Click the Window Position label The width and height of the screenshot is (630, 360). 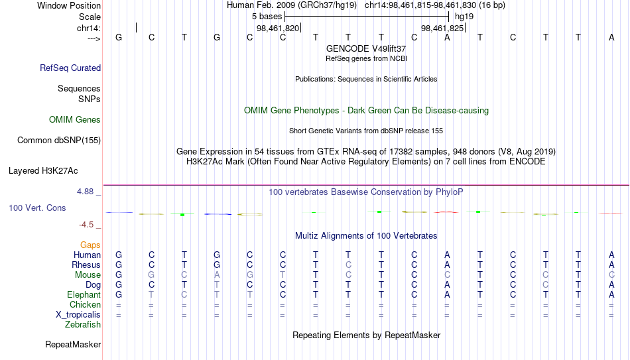click(x=69, y=5)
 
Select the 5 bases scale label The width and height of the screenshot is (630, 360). click(x=267, y=17)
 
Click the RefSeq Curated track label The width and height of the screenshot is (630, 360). click(x=70, y=68)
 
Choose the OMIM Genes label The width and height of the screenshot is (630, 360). click(x=75, y=120)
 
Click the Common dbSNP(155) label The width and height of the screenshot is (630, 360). click(x=59, y=141)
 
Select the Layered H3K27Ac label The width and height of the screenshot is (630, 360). click(x=43, y=171)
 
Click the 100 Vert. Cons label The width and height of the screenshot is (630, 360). click(x=37, y=208)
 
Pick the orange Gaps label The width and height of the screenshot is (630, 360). click(x=90, y=245)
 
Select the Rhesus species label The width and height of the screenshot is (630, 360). click(x=86, y=265)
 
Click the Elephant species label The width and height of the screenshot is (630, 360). click(x=84, y=295)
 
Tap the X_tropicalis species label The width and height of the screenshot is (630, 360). click(x=78, y=315)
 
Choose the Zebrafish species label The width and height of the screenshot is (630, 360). click(x=83, y=325)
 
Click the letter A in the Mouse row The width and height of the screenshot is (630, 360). click(x=217, y=275)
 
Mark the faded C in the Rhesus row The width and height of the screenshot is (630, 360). click(x=348, y=265)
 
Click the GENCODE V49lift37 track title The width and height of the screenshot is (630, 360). click(x=366, y=48)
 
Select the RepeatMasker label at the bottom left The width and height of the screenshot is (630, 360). click(x=73, y=344)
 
